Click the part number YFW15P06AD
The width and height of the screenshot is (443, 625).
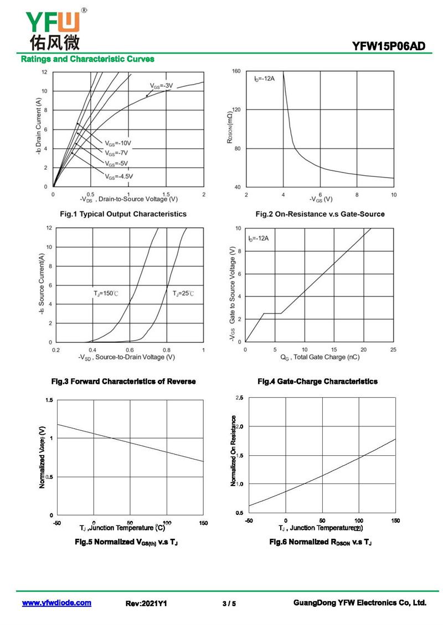pyautogui.click(x=388, y=46)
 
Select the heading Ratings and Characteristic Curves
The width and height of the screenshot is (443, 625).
pyautogui.click(x=87, y=59)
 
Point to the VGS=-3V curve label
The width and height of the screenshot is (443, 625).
pyautogui.click(x=162, y=86)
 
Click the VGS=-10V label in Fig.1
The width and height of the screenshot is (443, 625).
pyautogui.click(x=118, y=143)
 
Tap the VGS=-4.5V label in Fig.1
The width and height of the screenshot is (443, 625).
pyautogui.click(x=119, y=176)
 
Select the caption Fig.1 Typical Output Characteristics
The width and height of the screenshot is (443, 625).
pyautogui.click(x=123, y=214)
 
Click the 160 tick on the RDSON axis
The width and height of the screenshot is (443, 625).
pyautogui.click(x=236, y=71)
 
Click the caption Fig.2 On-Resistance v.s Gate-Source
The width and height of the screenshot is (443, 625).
pyautogui.click(x=320, y=214)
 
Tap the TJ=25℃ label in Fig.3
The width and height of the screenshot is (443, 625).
pyautogui.click(x=183, y=293)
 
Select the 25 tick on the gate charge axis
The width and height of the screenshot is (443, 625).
pyautogui.click(x=393, y=350)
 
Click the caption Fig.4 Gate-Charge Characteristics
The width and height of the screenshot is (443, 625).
pyautogui.click(x=318, y=382)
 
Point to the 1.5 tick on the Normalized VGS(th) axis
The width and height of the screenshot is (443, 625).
pyautogui.click(x=50, y=400)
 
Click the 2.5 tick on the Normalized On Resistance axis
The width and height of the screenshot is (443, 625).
pyautogui.click(x=239, y=398)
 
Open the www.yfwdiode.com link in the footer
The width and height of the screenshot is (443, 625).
pyautogui.click(x=56, y=603)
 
